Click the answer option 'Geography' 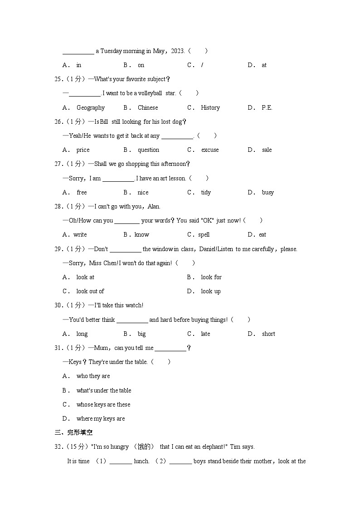click(x=90, y=107)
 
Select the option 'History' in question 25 click(x=210, y=107)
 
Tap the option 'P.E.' click(x=267, y=107)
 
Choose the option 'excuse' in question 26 click(x=209, y=150)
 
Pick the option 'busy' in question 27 click(x=268, y=192)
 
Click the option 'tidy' click(x=206, y=192)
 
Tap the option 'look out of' click(x=90, y=291)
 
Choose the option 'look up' click(x=211, y=291)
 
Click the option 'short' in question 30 click(x=268, y=334)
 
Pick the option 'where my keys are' click(x=100, y=418)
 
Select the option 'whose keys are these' click(x=103, y=404)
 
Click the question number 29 click(x=58, y=249)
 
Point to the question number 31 click(x=58, y=348)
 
